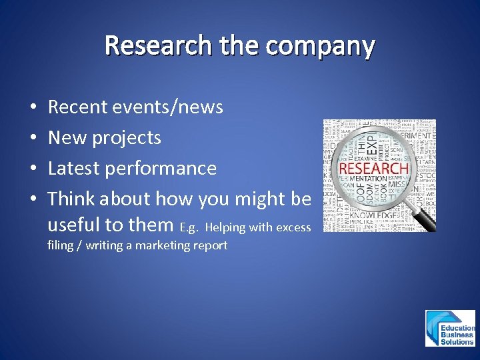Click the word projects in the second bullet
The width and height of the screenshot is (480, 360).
click(x=126, y=137)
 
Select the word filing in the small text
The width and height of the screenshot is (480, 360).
click(x=60, y=245)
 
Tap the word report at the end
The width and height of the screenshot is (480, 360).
click(x=210, y=245)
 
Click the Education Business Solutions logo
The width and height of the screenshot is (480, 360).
click(x=451, y=328)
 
